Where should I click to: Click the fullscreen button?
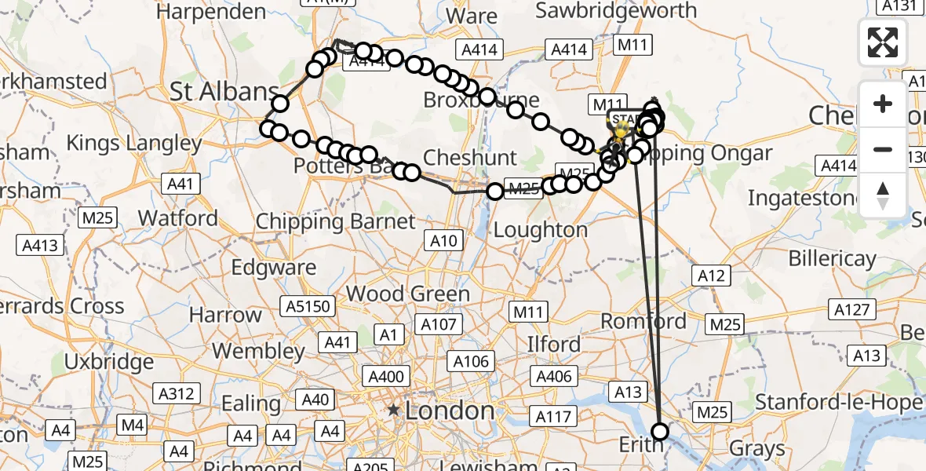(883, 42)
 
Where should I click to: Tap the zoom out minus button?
(883, 149)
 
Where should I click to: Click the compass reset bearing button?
(883, 195)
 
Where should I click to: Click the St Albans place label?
(224, 91)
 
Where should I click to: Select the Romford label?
(643, 320)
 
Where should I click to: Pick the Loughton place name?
(541, 230)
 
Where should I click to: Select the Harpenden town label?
(211, 12)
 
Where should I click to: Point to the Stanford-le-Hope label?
(837, 403)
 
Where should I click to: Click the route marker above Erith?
(660, 431)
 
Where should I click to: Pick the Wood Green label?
(408, 294)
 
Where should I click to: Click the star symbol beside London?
(393, 411)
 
